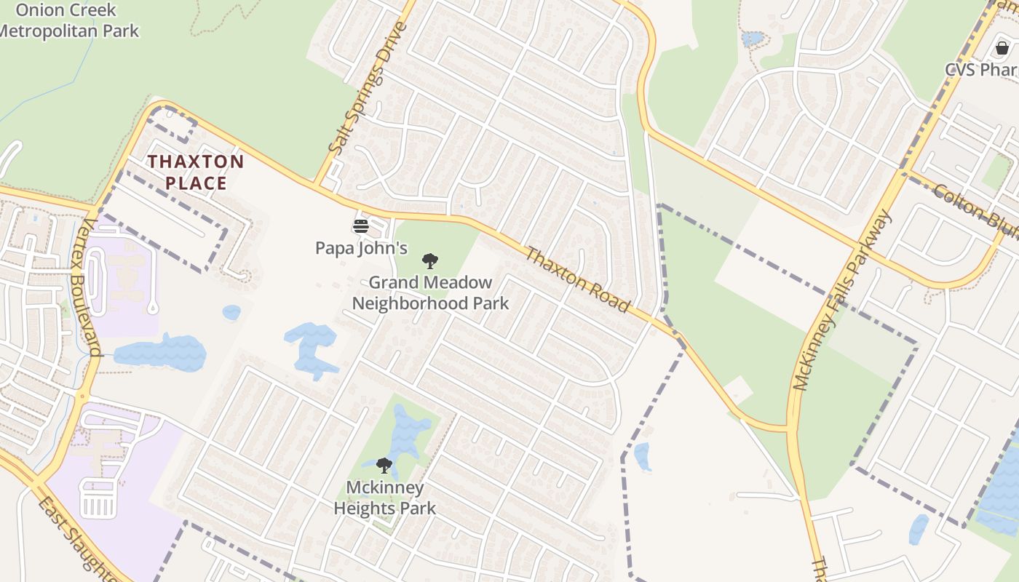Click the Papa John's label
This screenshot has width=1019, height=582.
pos(361,248)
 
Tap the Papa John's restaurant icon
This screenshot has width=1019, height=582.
pos(361,226)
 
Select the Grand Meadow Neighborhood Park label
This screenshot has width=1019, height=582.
pos(430,292)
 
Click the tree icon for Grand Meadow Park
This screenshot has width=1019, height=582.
pos(430,260)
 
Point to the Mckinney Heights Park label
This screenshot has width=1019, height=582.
pos(384,498)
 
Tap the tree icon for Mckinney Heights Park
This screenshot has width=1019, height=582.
pos(384,465)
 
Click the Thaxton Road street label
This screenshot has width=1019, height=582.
pos(577,280)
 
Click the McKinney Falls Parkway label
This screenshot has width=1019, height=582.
pos(843,300)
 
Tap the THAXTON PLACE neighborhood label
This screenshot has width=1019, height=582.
pos(196,172)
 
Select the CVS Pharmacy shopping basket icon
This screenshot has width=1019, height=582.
pos(1002,49)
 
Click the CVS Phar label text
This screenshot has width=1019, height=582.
pos(980,70)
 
